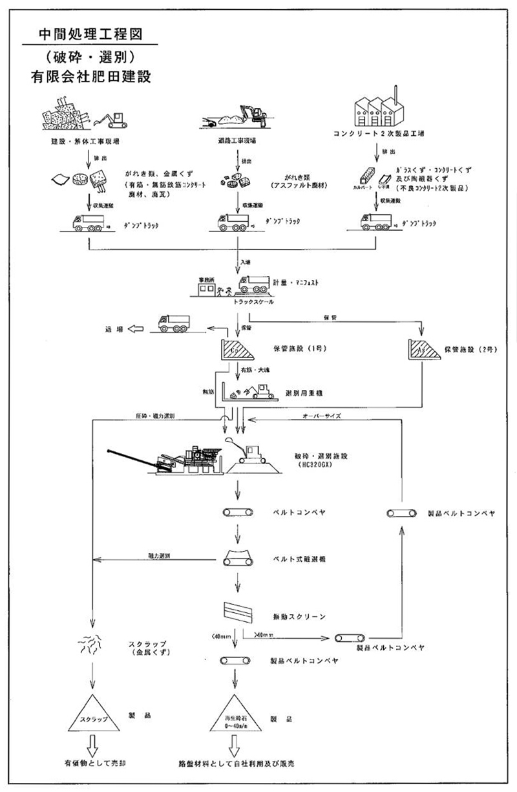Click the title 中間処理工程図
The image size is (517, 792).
(89, 33)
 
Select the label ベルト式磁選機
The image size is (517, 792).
(303, 557)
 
